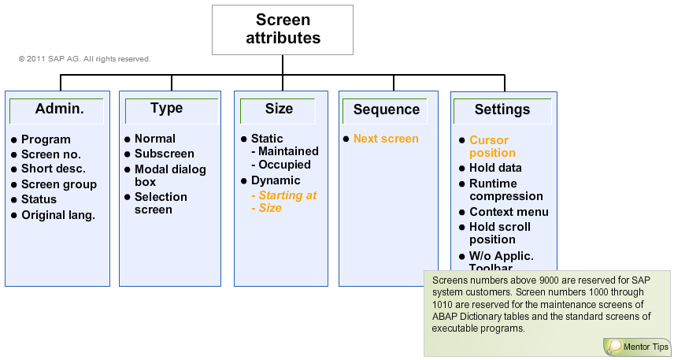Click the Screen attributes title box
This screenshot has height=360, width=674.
[x=283, y=29]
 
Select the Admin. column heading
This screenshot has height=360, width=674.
[x=59, y=109]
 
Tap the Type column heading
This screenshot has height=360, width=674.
[x=166, y=109]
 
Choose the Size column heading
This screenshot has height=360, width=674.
[x=279, y=109]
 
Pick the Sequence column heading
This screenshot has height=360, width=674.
[x=386, y=110]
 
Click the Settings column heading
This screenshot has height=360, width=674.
[x=502, y=110]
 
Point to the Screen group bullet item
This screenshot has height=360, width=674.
[x=59, y=184]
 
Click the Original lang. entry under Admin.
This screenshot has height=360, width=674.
[x=58, y=215]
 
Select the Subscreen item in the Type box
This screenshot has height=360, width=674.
[x=164, y=154]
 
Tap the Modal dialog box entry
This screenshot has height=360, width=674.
[x=169, y=176]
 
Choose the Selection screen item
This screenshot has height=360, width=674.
[x=161, y=203]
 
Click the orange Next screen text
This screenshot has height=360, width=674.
[x=386, y=139]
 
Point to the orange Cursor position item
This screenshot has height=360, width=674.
[x=492, y=147]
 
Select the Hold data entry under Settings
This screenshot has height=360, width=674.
[x=495, y=168]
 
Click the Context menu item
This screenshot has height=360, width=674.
[x=509, y=212]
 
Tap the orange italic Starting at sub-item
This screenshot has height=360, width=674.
[x=283, y=195]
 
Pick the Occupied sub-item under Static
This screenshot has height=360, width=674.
[x=284, y=165]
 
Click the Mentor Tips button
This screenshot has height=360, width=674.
[x=637, y=347]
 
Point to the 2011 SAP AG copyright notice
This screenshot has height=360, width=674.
[x=84, y=59]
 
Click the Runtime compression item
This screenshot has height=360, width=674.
[x=506, y=190]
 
